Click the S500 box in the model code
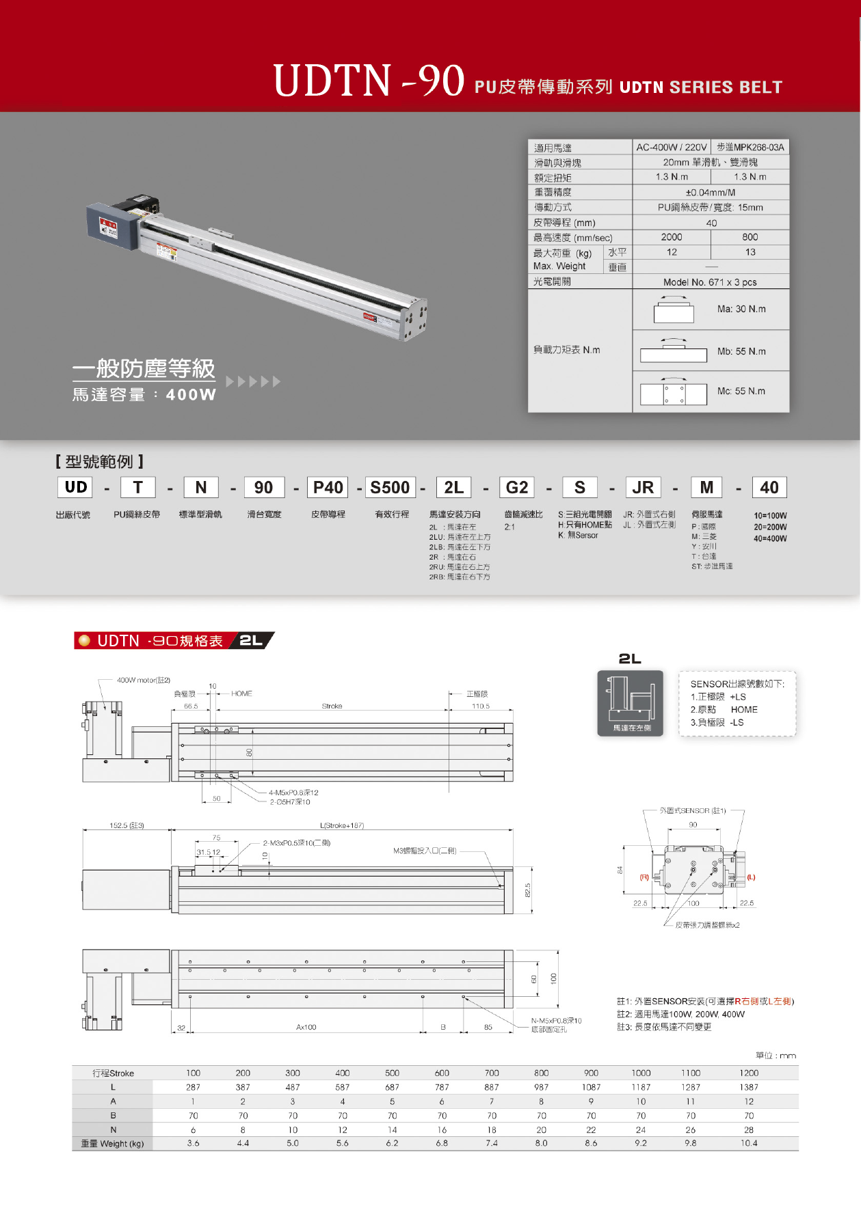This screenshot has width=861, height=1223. coord(390,487)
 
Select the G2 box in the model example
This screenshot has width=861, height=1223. coord(516,487)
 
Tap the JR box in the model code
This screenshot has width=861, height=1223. coord(643,487)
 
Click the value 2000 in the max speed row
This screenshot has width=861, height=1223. coord(672,237)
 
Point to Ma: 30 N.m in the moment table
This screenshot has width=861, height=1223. coord(741,309)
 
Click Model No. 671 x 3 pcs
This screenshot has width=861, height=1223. coord(710,282)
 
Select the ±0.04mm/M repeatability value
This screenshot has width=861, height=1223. coord(711,193)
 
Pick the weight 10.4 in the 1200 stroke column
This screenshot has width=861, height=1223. coord(749,1143)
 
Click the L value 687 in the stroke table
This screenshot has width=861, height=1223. coord(392,1087)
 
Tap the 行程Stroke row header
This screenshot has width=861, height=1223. coord(113,1073)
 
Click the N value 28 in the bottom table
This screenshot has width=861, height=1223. coord(749,1129)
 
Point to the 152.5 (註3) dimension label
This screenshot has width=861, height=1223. coord(127,825)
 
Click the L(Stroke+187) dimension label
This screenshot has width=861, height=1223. coord(342,825)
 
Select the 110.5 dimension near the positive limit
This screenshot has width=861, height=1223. coord(481,706)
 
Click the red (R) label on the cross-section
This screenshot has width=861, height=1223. coord(644,877)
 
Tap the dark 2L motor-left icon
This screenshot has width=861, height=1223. coord(630,702)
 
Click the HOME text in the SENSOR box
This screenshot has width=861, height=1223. coord(744,710)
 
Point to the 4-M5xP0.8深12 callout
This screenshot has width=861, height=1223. coord(293,793)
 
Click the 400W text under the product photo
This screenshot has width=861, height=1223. coord(191,395)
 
